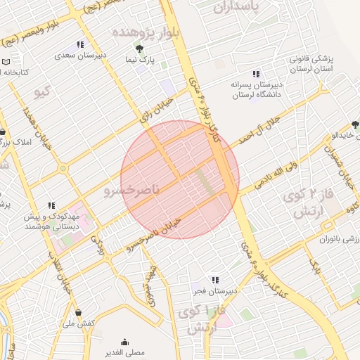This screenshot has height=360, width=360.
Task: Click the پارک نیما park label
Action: tap(141, 60)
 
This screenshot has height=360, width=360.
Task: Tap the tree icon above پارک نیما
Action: tap(141, 49)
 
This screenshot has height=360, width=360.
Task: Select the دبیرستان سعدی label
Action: tap(91, 53)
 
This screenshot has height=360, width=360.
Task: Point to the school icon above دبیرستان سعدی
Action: tap(80, 45)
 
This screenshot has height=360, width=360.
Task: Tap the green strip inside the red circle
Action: tap(207, 182)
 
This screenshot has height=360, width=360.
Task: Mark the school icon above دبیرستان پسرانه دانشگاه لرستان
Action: tap(256, 74)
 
